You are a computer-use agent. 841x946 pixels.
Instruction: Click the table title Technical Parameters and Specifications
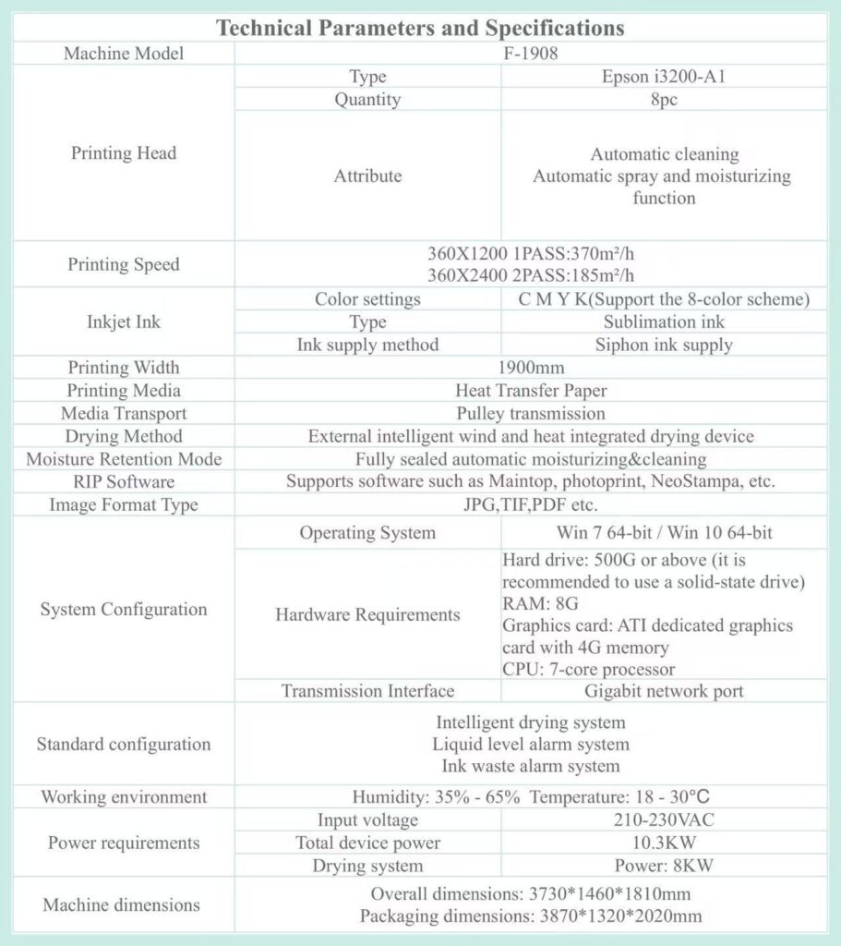tap(420, 28)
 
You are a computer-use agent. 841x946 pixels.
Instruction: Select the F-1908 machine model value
tap(531, 54)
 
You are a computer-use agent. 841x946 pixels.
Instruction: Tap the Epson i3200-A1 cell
tap(664, 77)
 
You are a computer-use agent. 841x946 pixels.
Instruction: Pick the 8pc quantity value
tap(664, 100)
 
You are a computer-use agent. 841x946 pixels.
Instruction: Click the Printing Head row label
tap(124, 153)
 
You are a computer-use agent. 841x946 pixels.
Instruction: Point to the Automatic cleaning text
tap(664, 154)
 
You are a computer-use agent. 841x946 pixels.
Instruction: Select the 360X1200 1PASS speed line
tap(531, 254)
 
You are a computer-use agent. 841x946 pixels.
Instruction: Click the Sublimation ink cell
tap(664, 321)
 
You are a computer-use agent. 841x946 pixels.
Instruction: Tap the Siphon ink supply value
tap(664, 345)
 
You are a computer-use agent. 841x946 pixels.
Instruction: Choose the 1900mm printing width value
tap(531, 368)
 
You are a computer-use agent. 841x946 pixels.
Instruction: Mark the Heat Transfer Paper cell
tap(531, 391)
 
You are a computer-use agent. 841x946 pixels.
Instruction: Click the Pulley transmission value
tap(531, 413)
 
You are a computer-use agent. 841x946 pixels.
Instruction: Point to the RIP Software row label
tap(124, 482)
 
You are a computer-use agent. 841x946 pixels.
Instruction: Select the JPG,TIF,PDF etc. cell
tap(531, 504)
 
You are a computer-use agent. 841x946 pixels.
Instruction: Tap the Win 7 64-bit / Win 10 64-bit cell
tap(664, 533)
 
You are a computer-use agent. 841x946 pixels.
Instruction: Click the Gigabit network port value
tap(664, 690)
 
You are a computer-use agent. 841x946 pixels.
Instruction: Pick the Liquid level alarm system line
tap(531, 744)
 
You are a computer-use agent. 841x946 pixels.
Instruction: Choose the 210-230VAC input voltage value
tap(664, 819)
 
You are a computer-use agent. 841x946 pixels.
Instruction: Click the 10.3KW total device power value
tap(664, 843)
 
